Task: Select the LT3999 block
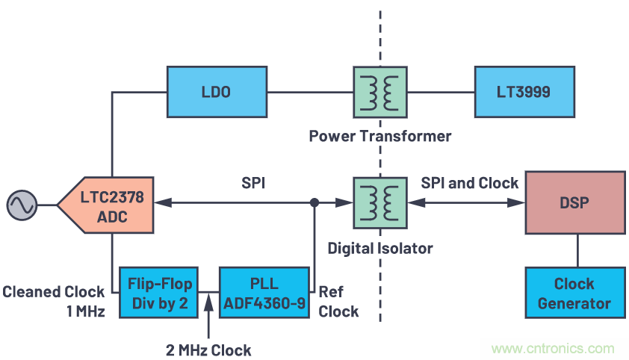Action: (524, 92)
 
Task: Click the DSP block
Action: (575, 202)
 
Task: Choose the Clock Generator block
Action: (574, 293)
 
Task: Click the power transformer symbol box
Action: (379, 92)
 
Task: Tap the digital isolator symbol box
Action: (379, 202)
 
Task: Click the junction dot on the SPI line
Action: (314, 202)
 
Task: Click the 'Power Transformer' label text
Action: (379, 137)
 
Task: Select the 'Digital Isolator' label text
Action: (380, 247)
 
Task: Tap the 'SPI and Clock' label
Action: (469, 183)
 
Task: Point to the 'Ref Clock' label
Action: (338, 301)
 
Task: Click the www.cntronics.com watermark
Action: (554, 348)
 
